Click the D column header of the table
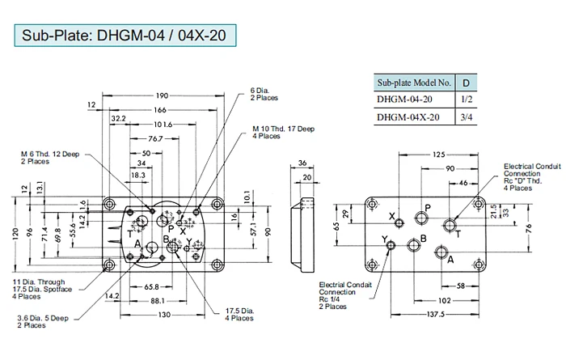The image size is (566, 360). point(464,83)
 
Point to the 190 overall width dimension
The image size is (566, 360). point(163,96)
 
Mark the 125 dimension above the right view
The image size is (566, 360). point(437,154)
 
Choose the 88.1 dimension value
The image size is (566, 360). point(158,302)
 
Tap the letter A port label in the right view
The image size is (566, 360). point(450,259)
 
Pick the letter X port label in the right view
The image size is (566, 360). point(392,216)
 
